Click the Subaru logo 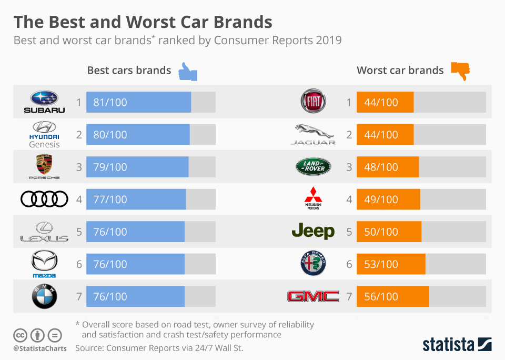tap(44, 102)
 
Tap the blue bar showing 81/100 tap(138, 102)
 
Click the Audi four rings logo tap(44, 199)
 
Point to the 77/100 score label tap(110, 199)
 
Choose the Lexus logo tap(44, 232)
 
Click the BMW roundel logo tap(44, 297)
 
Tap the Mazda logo tap(44, 264)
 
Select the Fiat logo tap(313, 102)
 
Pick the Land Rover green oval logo tap(313, 167)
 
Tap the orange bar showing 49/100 tap(388, 199)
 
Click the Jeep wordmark tap(313, 232)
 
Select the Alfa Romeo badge tap(313, 264)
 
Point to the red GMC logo tap(313, 297)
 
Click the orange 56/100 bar tap(392, 297)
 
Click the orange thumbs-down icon tap(460, 71)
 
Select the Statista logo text tap(448, 345)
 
